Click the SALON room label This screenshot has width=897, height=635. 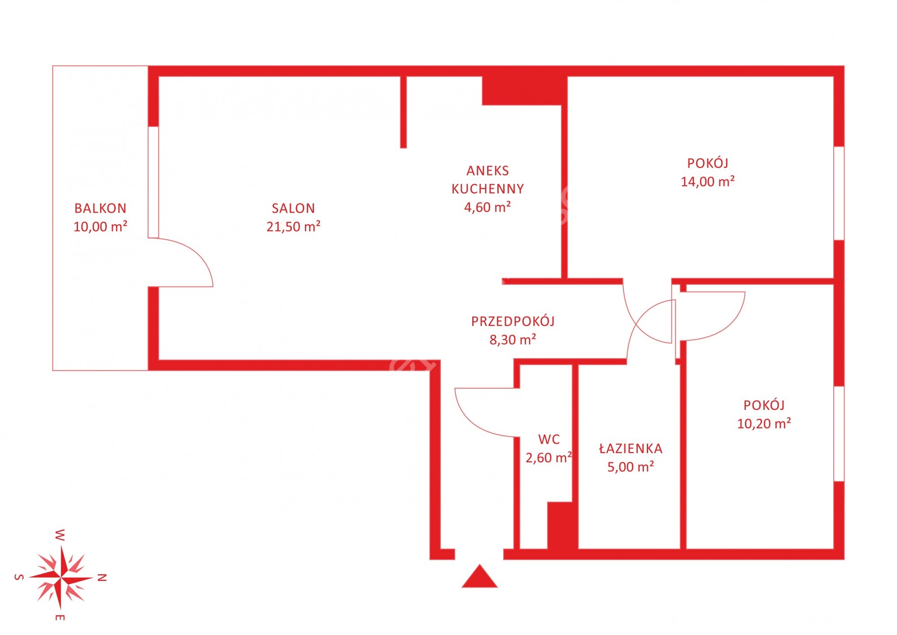click(x=293, y=208)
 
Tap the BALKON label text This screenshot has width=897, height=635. click(x=100, y=208)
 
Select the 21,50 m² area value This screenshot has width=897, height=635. click(x=293, y=226)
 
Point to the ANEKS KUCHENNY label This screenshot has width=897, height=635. click(x=488, y=180)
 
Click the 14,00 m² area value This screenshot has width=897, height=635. click(x=708, y=181)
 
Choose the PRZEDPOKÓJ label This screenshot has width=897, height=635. click(x=513, y=321)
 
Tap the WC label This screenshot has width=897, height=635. click(x=549, y=439)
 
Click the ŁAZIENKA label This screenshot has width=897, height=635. click(x=631, y=448)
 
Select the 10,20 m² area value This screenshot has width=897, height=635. click(x=764, y=423)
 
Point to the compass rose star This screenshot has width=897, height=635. click(x=61, y=577)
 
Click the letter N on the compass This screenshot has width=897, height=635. click(x=102, y=578)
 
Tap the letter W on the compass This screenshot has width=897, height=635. click(x=60, y=535)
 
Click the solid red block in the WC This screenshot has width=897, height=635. click(x=562, y=526)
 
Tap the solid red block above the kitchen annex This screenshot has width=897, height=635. click(x=522, y=91)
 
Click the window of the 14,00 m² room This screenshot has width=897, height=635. click(x=839, y=193)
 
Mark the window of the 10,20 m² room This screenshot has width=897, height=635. click(x=839, y=434)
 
